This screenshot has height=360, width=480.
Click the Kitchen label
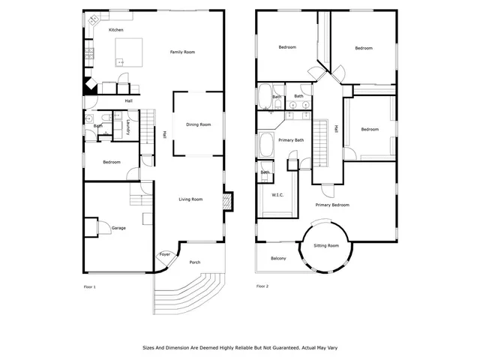115,30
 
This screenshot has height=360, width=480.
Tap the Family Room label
182,52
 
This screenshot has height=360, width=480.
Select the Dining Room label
199,124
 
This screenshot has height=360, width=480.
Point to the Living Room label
190,199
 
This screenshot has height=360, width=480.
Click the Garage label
118,227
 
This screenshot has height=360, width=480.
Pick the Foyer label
165,254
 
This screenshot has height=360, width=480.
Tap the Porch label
194,262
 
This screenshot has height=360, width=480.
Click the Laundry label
129,127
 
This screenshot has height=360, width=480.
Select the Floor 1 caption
89,286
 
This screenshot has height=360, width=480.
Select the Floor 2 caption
262,286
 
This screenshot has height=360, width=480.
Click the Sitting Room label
325,245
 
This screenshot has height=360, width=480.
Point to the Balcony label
278,259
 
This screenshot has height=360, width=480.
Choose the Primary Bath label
291,140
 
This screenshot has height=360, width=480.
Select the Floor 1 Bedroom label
111,162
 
